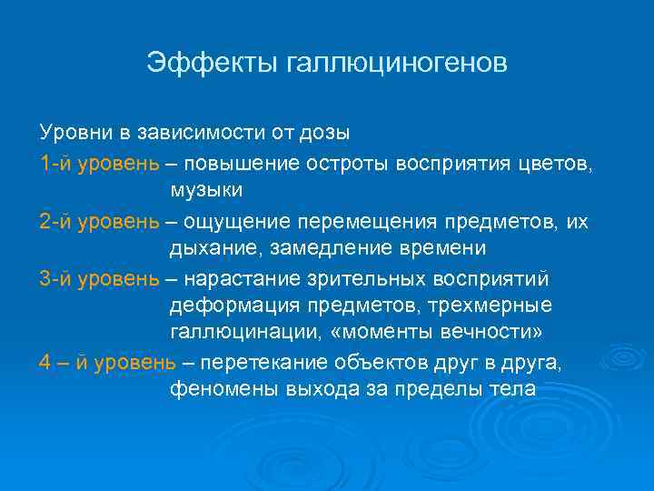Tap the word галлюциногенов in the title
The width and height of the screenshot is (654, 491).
(396, 64)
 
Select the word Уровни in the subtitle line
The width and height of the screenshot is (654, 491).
(76, 133)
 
